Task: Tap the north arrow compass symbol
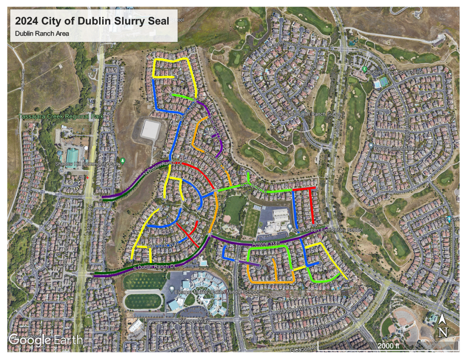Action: coord(442,326)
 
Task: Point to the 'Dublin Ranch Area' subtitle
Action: coord(42,34)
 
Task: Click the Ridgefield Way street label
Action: coord(309,326)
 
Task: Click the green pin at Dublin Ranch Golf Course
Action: coord(365,69)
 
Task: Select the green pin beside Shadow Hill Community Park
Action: coord(123,162)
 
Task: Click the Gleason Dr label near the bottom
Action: coord(302,349)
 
